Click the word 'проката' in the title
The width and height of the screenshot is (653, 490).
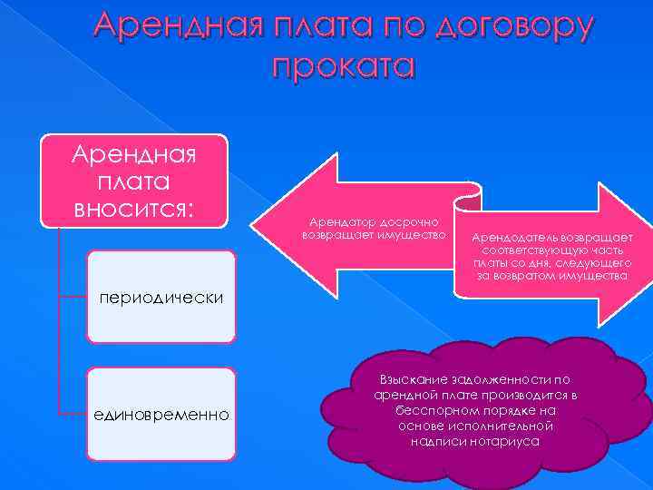click(x=342, y=65)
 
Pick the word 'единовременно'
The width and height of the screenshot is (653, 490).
click(x=161, y=415)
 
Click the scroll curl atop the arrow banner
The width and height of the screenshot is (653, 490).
click(x=469, y=193)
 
